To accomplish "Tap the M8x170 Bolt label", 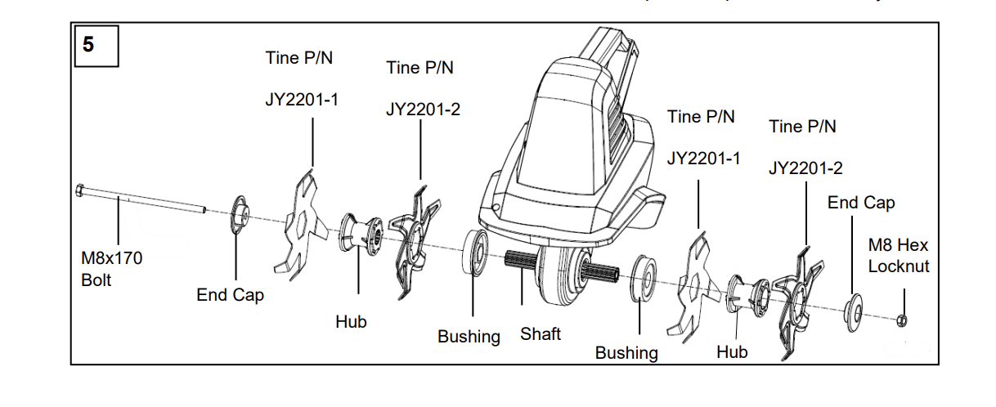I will point(111,269).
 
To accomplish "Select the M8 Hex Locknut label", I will point(899,256).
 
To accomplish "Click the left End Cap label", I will point(230,295).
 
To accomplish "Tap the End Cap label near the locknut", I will point(861,202).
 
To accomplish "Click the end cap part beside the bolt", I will point(240,215).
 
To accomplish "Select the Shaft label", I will point(541,333).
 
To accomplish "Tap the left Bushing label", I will point(469,336).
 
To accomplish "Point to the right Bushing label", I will point(626,352).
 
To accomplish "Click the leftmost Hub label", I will point(351,322).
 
